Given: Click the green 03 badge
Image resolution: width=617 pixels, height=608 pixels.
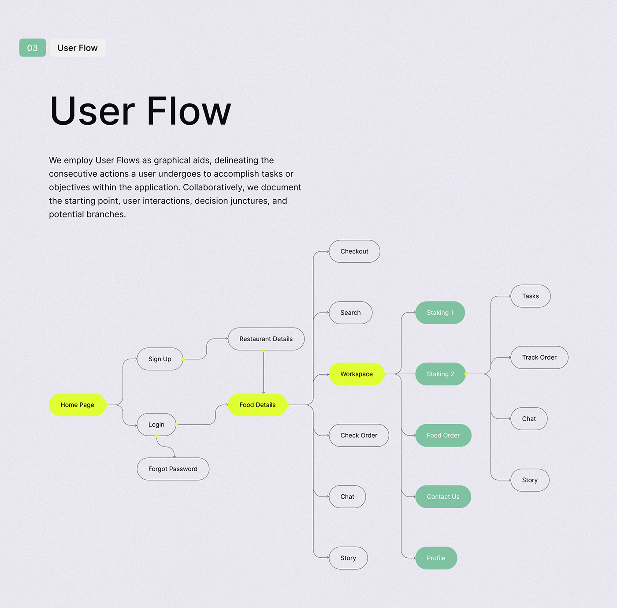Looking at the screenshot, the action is [x=32, y=48].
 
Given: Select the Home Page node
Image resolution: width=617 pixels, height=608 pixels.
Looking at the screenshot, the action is [x=77, y=405].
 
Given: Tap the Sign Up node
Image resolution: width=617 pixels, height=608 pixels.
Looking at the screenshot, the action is [x=160, y=359].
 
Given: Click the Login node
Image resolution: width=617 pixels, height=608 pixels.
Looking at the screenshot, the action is [x=156, y=425].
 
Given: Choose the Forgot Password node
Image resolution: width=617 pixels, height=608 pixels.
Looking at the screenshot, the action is [x=173, y=469].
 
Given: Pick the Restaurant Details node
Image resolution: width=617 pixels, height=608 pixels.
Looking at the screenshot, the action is [x=266, y=339].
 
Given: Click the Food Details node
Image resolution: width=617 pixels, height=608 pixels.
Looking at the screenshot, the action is [x=257, y=405].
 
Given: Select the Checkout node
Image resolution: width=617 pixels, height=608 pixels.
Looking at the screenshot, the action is [x=354, y=251].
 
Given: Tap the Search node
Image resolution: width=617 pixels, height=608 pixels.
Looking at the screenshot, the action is [x=351, y=312].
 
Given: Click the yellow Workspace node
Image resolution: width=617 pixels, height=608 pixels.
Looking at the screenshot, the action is [x=357, y=374].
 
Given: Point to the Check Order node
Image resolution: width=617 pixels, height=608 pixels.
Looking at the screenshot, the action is [x=359, y=435].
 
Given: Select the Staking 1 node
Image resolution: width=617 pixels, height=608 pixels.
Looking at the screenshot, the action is [x=440, y=312].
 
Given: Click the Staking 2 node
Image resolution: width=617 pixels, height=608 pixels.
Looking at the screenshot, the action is [x=440, y=374].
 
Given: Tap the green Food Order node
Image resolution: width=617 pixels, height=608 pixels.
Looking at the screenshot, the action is [x=443, y=435].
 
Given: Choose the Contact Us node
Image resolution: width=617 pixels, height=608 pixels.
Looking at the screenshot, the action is [x=443, y=496].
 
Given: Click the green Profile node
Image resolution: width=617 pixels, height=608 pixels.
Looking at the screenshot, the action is [x=436, y=558].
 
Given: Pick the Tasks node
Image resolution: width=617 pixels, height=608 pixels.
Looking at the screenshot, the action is [x=531, y=296].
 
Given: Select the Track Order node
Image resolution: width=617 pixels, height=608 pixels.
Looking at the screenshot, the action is [x=539, y=357].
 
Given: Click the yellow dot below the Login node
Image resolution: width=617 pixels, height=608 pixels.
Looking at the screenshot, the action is [x=157, y=436].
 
